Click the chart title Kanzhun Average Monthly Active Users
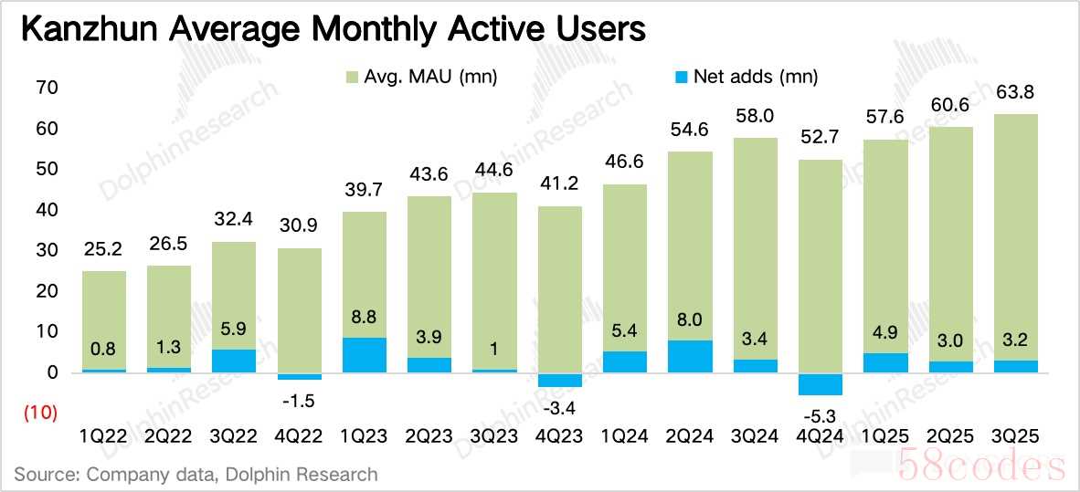[x=333, y=29]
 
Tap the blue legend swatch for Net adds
[x=677, y=78]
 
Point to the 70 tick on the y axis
[x=48, y=89]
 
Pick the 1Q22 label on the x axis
[x=104, y=437]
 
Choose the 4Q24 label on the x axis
[x=820, y=437]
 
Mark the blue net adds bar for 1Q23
[x=365, y=355]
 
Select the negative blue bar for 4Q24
[x=820, y=384]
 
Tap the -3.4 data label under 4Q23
[x=560, y=407]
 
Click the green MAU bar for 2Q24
[x=690, y=246]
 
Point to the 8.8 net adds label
[x=365, y=320]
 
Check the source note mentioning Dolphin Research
[x=196, y=474]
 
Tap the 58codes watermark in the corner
[x=981, y=466]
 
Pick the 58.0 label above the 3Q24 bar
[x=755, y=117]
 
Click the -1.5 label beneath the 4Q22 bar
[x=300, y=400]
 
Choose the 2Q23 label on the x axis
[x=429, y=437]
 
